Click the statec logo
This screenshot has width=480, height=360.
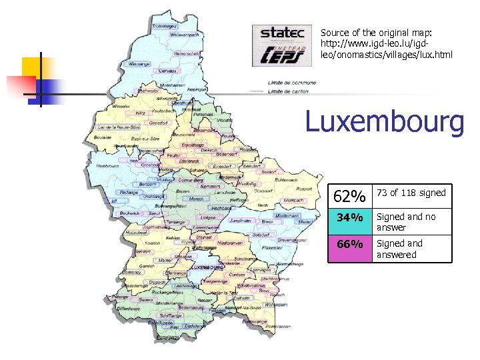[x=281, y=33]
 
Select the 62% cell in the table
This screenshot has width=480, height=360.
[x=349, y=197]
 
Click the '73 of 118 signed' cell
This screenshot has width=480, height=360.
[x=411, y=193]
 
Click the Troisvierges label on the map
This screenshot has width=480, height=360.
[x=165, y=26]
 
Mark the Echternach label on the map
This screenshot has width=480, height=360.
[x=285, y=179]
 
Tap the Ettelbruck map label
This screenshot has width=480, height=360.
[x=189, y=161]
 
